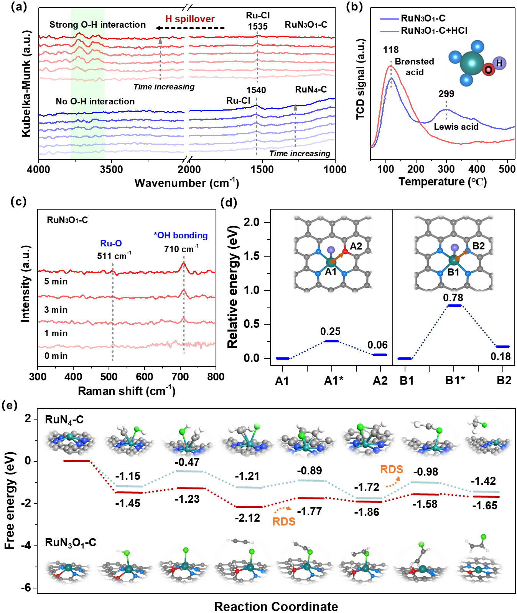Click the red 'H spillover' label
click(190, 19)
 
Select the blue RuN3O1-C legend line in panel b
click(390, 18)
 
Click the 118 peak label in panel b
click(390, 50)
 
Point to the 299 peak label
click(446, 94)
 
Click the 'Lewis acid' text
click(456, 127)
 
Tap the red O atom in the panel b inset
click(488, 70)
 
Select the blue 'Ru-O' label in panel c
click(111, 243)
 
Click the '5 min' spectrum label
click(56, 281)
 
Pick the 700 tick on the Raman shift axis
click(180, 377)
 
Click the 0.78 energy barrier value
click(453, 298)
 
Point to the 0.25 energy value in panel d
click(330, 332)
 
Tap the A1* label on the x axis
click(334, 381)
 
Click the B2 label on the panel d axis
click(504, 380)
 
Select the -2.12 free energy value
click(247, 518)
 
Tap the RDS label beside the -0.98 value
click(391, 469)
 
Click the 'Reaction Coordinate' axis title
click(276, 606)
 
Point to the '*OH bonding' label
click(181, 235)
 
